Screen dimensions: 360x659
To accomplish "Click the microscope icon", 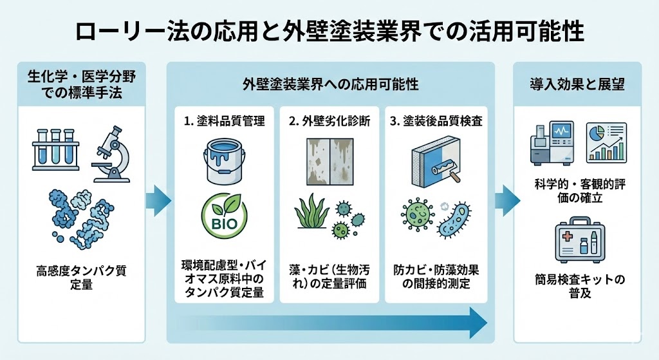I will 112,153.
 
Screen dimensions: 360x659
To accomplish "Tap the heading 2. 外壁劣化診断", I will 330,120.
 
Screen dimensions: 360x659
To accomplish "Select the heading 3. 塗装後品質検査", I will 438,120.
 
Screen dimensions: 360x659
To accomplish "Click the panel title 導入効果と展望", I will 577,84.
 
